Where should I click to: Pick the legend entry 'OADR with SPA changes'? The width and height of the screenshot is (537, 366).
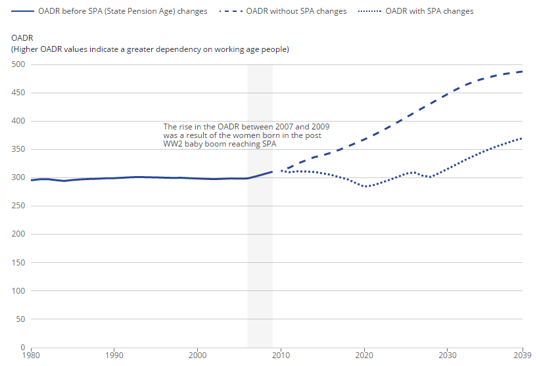(429, 11)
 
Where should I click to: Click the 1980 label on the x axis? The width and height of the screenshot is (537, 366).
(31, 355)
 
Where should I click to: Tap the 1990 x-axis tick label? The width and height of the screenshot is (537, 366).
(114, 355)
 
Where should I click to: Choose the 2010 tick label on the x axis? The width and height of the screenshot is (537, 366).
(281, 355)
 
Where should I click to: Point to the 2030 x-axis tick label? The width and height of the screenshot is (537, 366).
(448, 355)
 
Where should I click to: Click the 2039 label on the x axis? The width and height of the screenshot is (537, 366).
(522, 355)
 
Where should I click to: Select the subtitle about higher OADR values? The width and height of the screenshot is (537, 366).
(150, 49)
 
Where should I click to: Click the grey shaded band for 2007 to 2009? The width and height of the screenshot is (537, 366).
(260, 263)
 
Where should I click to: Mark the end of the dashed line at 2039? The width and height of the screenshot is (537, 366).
(523, 72)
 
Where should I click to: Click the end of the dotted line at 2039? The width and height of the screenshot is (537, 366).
(523, 138)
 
